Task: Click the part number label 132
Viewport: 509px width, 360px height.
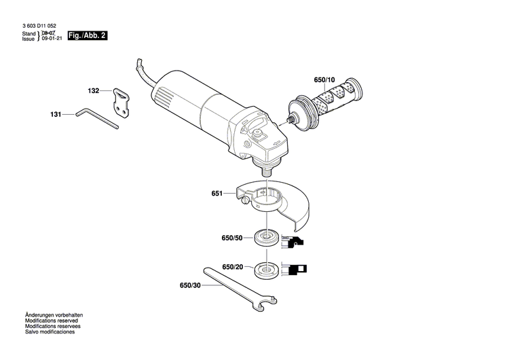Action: point(94,90)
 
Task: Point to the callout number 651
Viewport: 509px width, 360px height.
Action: point(216,194)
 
